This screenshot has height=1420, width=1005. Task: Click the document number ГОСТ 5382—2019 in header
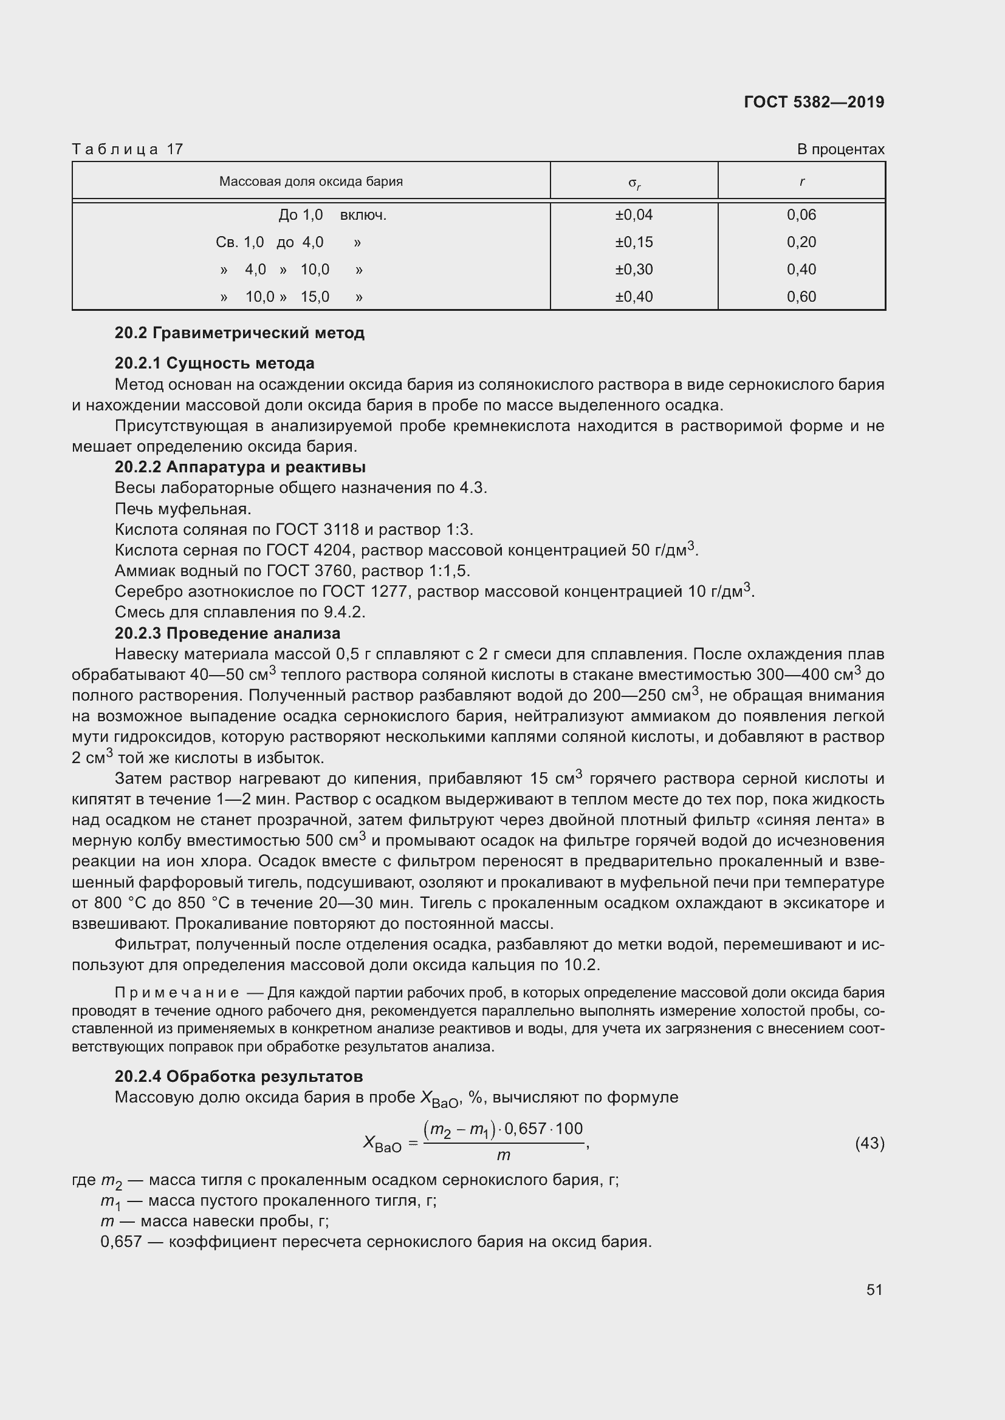(x=814, y=102)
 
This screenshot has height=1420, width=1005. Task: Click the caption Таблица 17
(x=128, y=149)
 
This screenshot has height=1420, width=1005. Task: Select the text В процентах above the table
(x=840, y=149)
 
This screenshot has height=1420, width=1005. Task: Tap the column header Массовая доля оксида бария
(x=310, y=181)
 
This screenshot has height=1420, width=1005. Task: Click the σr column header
(x=634, y=183)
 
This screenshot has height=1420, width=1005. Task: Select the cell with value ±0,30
(x=634, y=269)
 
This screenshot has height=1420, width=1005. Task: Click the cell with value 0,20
(x=801, y=242)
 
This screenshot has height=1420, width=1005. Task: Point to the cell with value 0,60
(x=801, y=296)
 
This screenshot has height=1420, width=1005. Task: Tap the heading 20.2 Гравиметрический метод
(x=239, y=333)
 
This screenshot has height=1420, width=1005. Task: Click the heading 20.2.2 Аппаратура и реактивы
(x=240, y=467)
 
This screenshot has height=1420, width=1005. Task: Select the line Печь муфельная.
(x=182, y=508)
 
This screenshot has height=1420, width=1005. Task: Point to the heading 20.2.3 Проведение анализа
(x=227, y=633)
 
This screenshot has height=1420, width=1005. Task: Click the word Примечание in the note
(x=177, y=993)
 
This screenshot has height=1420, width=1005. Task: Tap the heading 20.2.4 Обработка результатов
(x=238, y=1076)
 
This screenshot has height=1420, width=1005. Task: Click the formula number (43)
(x=870, y=1143)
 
